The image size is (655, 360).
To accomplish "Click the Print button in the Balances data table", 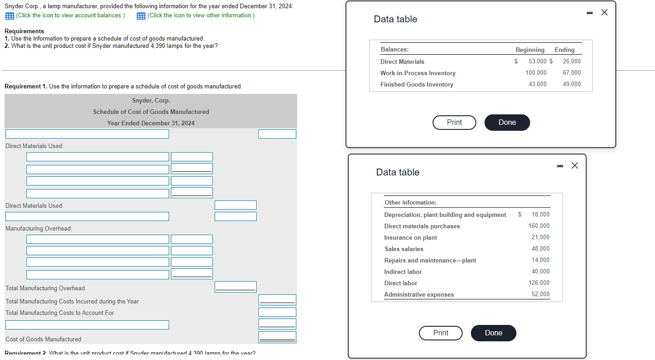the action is pos(454,123).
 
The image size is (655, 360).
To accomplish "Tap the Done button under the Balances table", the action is pos(507,123).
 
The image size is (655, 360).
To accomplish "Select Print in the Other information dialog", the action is pos(441,333).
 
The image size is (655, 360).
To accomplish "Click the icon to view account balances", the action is pos(10,16).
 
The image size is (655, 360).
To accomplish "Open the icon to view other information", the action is pos(141,16).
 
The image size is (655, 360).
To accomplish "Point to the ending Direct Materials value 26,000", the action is pos(572,61).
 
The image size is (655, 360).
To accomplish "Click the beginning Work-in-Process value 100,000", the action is pos(536,72).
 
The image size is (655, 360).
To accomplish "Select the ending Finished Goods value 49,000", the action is pos(572,84).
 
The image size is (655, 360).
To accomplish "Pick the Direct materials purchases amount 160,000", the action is pos(539,226).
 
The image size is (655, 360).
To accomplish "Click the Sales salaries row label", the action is pos(404,249).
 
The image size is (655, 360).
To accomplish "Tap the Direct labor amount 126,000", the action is pos(539,283).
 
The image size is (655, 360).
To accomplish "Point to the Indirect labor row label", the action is pos(403,272).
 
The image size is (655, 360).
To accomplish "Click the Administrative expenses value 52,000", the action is pos(541,294).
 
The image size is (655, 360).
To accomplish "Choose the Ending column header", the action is pos(564,50).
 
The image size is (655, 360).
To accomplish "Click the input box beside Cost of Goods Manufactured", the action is pos(277,337).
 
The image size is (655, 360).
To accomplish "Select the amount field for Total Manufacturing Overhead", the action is pos(235,287).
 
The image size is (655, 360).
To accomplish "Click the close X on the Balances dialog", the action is pos(604,12).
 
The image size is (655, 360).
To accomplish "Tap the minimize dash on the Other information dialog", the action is pos(560,166).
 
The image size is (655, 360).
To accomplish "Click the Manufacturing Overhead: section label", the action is pos(39,228).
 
